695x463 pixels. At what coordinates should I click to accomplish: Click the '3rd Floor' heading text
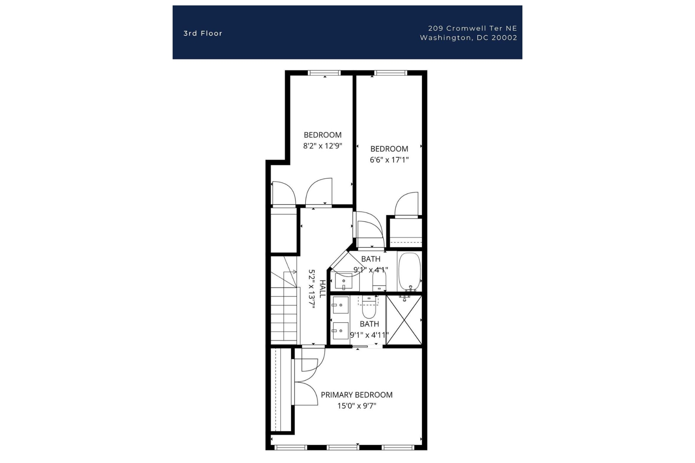tap(203, 34)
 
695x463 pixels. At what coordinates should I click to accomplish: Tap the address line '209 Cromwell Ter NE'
tap(472, 28)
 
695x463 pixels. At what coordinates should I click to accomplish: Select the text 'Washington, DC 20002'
tap(468, 38)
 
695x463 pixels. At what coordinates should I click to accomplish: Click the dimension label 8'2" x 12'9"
tap(323, 146)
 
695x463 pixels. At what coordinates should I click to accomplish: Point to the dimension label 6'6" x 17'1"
tap(389, 160)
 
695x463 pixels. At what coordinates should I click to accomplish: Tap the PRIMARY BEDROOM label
tap(356, 395)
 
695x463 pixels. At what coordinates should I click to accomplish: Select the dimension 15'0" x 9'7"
tap(356, 406)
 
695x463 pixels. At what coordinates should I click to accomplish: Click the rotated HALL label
tap(322, 289)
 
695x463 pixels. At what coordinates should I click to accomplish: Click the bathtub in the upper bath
tap(409, 271)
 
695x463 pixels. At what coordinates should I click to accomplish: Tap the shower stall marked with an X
tap(404, 320)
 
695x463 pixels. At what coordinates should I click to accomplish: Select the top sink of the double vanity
tap(340, 305)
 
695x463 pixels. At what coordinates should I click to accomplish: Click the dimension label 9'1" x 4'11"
tap(369, 335)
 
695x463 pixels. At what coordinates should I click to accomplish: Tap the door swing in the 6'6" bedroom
tap(408, 204)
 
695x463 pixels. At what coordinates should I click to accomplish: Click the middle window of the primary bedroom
tap(343, 448)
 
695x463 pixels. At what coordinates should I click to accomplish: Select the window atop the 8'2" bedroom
tap(324, 73)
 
